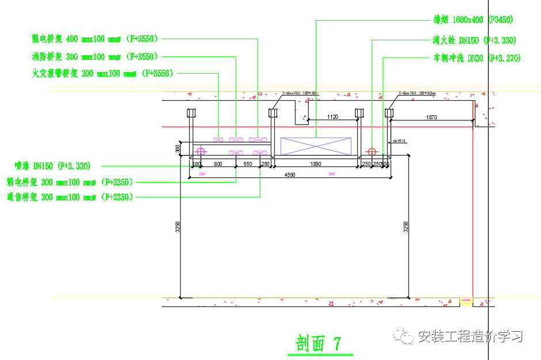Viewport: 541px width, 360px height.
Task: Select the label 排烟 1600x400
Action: [472, 20]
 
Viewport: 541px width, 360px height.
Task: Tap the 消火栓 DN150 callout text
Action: [474, 40]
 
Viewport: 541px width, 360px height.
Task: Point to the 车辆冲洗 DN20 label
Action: [476, 58]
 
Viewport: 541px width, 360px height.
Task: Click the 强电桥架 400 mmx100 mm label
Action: [94, 39]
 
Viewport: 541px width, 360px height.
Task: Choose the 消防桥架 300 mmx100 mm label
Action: [94, 56]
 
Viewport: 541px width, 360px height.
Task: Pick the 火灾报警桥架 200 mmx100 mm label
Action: [103, 74]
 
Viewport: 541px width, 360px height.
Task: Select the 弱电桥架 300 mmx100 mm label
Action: [70, 182]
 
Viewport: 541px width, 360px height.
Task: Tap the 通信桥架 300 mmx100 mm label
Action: [70, 197]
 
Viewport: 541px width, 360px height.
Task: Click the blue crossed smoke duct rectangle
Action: [315, 146]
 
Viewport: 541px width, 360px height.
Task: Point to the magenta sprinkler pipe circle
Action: [200, 152]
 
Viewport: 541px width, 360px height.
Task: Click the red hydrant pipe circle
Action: [372, 152]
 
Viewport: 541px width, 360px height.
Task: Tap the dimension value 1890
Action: [316, 164]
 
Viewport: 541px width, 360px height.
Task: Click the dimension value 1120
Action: [332, 117]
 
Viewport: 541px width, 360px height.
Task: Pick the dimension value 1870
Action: [432, 117]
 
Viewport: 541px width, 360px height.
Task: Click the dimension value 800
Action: [218, 164]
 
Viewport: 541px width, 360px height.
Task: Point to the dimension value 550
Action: [248, 164]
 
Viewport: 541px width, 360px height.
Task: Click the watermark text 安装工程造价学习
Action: [470, 336]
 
